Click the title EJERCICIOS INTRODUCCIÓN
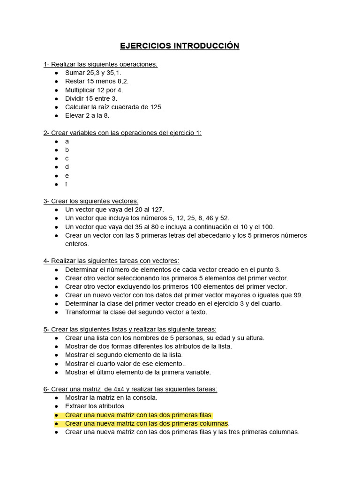[x=180, y=45]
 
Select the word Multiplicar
[x=82, y=90]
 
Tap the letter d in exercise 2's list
[x=67, y=167]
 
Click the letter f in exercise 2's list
[x=67, y=184]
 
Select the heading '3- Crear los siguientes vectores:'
[x=91, y=201]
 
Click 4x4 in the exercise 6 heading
[x=121, y=389]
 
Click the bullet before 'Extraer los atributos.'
[x=56, y=406]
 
